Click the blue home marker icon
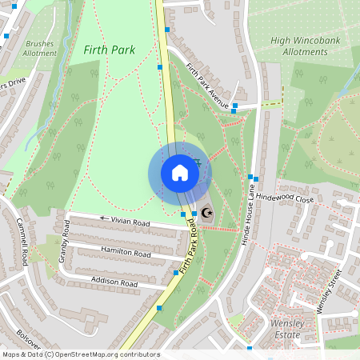pyautogui.click(x=180, y=173)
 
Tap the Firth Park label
pyautogui.click(x=109, y=50)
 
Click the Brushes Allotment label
pyautogui.click(x=41, y=48)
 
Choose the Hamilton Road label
pyautogui.click(x=126, y=252)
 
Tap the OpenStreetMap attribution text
pyautogui.click(x=81, y=354)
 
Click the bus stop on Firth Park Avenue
pyautogui.click(x=236, y=106)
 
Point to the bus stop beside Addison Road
pyautogui.click(x=175, y=274)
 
